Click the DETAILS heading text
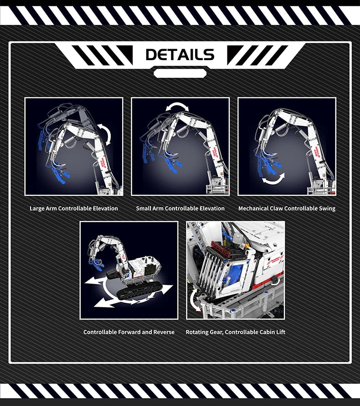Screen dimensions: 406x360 click(180, 55)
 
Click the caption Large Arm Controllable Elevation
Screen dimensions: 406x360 click(74, 208)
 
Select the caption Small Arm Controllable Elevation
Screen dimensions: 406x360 click(180, 208)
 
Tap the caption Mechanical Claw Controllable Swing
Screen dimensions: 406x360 click(287, 208)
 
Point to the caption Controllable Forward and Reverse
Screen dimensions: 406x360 click(129, 332)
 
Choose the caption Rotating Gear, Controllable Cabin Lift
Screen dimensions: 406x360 click(235, 332)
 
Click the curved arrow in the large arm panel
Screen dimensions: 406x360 click(106, 135)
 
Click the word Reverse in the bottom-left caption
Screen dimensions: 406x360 click(163, 332)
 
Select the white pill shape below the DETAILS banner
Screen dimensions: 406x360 click(180, 73)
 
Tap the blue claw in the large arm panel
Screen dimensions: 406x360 click(61, 173)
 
